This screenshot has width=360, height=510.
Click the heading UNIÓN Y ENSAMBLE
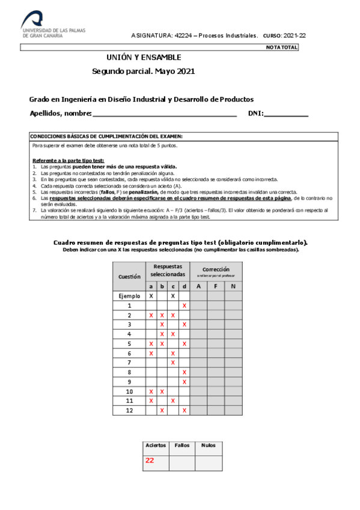144,57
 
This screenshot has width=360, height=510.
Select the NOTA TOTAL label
281,47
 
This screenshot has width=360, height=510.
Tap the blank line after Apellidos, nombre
165,114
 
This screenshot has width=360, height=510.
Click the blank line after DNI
286,114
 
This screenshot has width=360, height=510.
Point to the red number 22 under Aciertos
150,461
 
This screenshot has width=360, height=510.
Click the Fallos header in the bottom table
182,446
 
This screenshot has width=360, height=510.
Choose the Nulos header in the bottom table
209,446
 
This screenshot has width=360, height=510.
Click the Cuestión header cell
129,277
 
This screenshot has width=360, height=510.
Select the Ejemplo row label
129,296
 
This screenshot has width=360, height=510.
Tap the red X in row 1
185,306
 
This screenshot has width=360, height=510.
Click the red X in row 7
173,363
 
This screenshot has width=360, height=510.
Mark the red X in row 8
185,372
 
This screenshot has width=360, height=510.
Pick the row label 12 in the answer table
129,410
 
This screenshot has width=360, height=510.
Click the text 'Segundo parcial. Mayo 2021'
144,71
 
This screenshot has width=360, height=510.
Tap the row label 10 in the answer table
129,392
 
